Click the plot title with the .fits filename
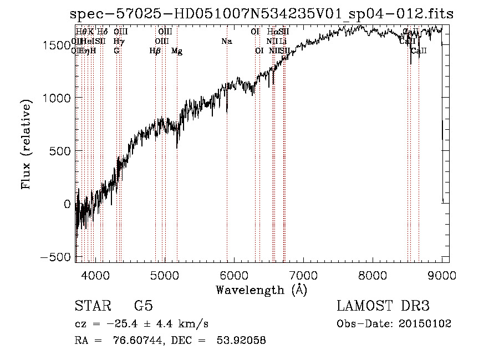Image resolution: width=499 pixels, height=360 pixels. [262, 14]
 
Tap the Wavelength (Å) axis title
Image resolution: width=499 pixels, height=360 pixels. [261, 290]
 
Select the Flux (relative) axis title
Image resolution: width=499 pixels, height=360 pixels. [26, 144]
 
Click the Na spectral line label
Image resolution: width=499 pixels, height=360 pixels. [226, 42]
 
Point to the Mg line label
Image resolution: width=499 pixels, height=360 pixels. [177, 51]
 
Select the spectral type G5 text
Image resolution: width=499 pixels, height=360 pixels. [144, 306]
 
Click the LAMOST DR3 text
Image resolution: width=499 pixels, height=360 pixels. [383, 306]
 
